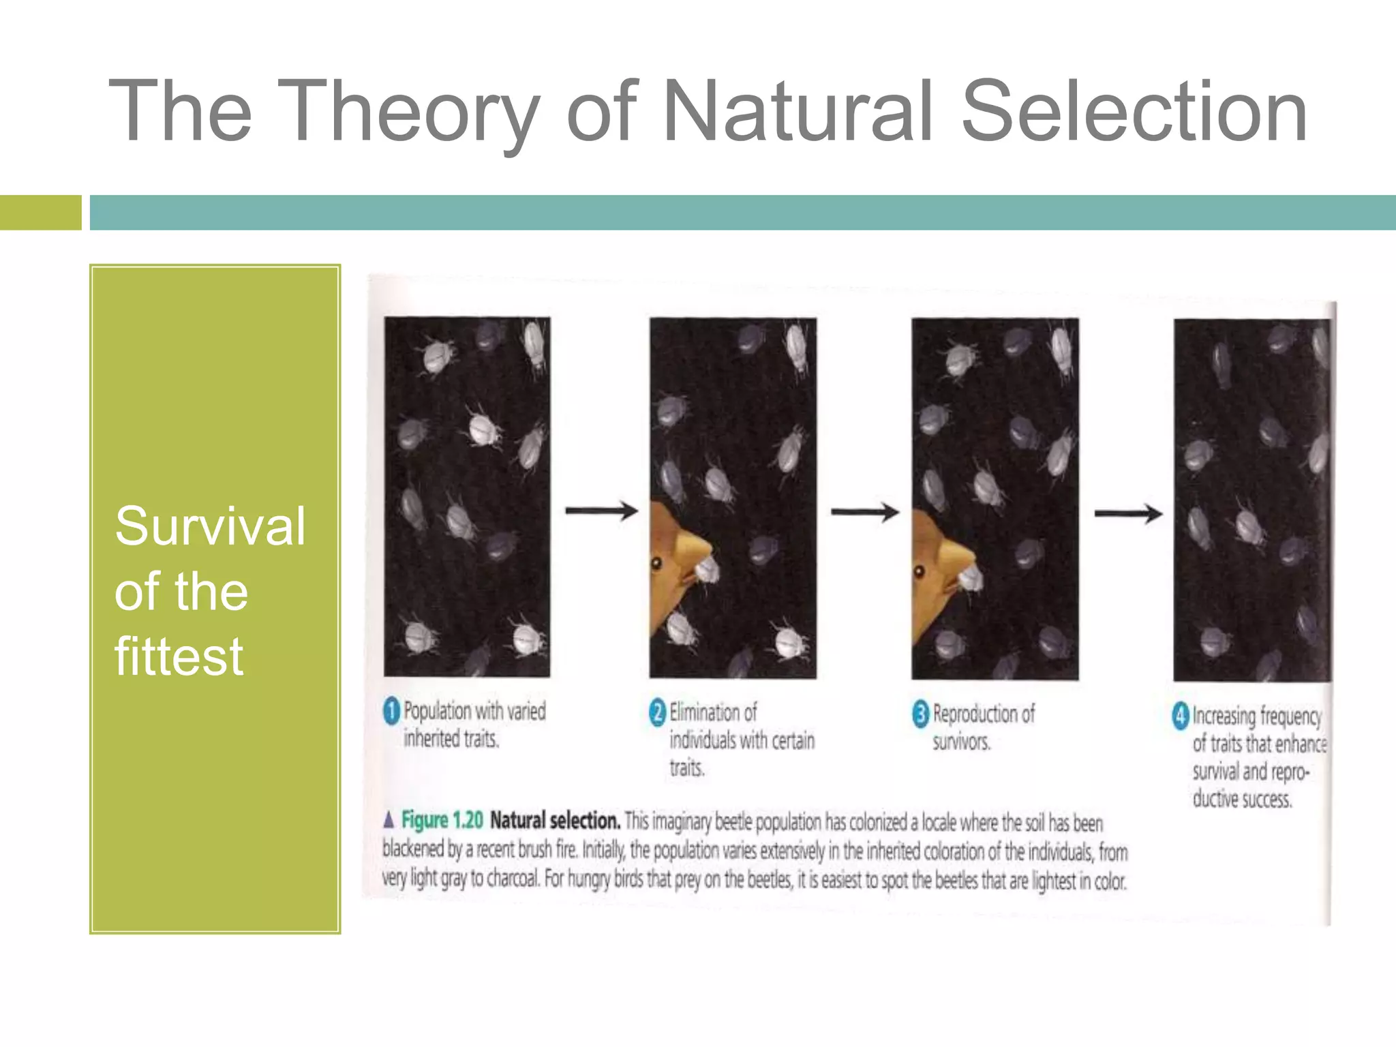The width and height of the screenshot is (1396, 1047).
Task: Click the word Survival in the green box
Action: [210, 526]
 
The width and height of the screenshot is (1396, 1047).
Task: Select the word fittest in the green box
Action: [179, 656]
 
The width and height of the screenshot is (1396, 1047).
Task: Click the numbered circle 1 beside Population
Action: [391, 712]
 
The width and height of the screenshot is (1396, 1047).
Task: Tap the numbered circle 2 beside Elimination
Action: [657, 713]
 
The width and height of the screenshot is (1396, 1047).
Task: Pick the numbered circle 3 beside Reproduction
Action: [920, 714]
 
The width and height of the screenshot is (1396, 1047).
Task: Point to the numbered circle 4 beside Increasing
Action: [1181, 716]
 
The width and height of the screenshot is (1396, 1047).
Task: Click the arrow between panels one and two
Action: [601, 511]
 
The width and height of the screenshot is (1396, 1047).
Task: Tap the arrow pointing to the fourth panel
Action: [1128, 514]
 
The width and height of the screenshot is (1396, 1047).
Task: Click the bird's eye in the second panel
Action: [657, 564]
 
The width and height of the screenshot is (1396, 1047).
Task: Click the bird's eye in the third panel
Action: [919, 571]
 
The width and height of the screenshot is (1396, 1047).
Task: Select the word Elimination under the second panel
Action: [713, 713]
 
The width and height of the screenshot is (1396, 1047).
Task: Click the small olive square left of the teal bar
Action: [40, 213]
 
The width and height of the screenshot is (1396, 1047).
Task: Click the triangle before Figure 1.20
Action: [389, 819]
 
